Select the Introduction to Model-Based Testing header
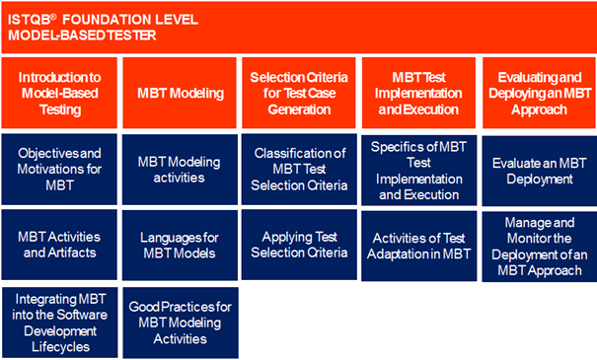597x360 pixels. point(60,94)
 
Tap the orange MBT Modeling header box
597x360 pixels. point(180,94)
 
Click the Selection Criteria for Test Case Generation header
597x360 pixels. point(299,94)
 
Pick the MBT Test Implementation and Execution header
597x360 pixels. point(418,94)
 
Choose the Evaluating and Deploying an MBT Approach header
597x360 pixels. point(538,94)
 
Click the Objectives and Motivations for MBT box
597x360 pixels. point(60,170)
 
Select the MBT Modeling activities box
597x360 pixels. point(180,170)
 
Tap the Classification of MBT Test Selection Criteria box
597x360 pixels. point(299,170)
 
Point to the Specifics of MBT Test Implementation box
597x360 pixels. point(418,170)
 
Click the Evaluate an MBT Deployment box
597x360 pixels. point(538,170)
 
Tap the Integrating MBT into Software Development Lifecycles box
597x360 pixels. point(60,321)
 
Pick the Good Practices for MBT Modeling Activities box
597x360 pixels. point(180,321)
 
